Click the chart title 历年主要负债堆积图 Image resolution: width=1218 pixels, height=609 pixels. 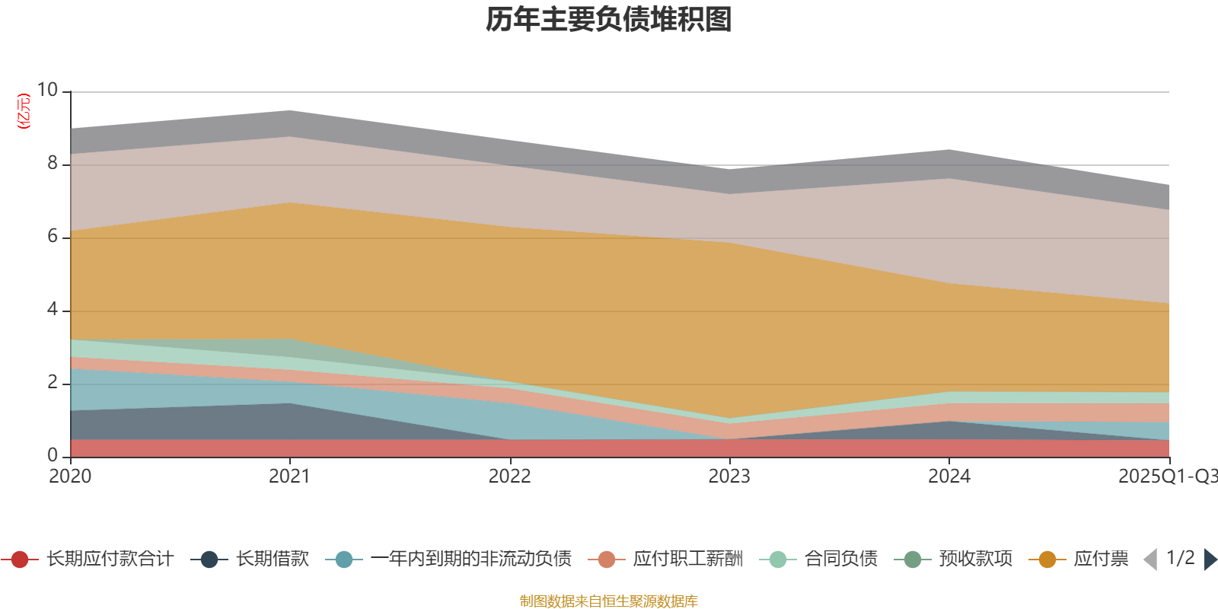pyautogui.click(x=609, y=21)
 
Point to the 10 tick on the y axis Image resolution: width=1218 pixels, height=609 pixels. pyautogui.click(x=47, y=90)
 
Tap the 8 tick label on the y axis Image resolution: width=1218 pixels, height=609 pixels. pyautogui.click(x=52, y=163)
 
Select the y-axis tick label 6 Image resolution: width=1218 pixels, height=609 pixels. pyautogui.click(x=52, y=236)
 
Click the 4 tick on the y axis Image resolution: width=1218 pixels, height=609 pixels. pyautogui.click(x=52, y=309)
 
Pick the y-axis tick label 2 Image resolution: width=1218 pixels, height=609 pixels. pyautogui.click(x=52, y=382)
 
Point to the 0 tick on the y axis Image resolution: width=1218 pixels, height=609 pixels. pyautogui.click(x=52, y=455)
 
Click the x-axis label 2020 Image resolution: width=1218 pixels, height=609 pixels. pyautogui.click(x=70, y=477)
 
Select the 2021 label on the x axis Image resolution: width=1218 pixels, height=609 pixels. pyautogui.click(x=289, y=477)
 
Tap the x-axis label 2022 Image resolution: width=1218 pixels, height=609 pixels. pyautogui.click(x=509, y=477)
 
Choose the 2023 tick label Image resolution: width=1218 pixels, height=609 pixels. pyautogui.click(x=729, y=477)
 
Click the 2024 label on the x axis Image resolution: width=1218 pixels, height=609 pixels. pyautogui.click(x=949, y=477)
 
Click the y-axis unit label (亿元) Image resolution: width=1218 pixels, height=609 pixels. pyautogui.click(x=24, y=111)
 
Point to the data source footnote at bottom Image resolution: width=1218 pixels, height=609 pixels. pyautogui.click(x=609, y=601)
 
